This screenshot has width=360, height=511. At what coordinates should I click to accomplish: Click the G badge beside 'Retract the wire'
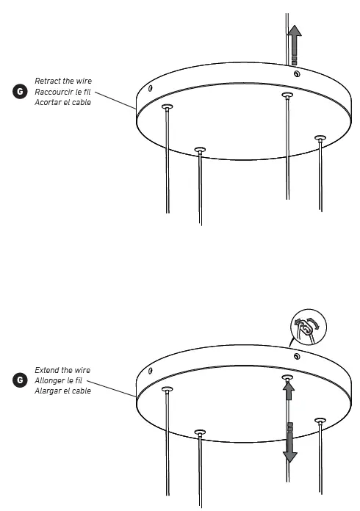pos(19,91)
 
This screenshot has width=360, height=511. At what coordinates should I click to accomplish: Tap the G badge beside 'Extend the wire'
pos(19,380)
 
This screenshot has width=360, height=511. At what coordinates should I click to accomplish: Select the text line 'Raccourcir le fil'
pos(62,91)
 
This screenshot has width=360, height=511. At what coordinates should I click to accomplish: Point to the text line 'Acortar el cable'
pos(62,102)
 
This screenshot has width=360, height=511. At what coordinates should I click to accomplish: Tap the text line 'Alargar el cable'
pos(62,391)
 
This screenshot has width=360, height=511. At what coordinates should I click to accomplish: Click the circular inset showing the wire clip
pos(308,329)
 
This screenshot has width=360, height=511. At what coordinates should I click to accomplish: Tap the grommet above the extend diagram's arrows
pos(288,379)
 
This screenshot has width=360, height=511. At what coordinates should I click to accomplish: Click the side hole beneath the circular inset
pos(296,356)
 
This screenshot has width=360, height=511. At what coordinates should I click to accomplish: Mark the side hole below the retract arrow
pos(295,73)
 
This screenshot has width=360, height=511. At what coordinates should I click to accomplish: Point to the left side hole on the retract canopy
pos(150,88)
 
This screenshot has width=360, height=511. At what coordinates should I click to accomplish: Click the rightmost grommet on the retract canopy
pos(320,137)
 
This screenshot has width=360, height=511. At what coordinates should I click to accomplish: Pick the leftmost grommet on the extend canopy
pos(167,390)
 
